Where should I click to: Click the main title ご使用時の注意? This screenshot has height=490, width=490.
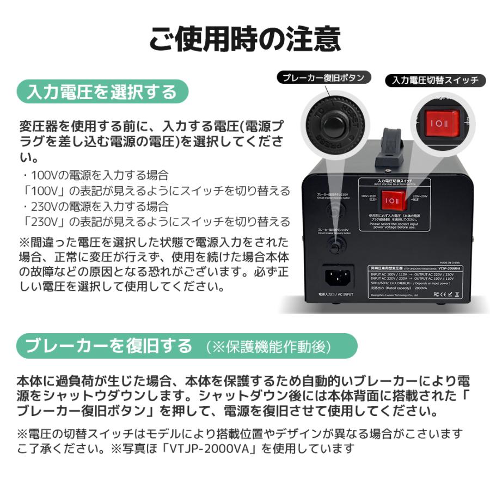[245, 39]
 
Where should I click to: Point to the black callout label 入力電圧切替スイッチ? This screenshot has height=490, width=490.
[435, 80]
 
